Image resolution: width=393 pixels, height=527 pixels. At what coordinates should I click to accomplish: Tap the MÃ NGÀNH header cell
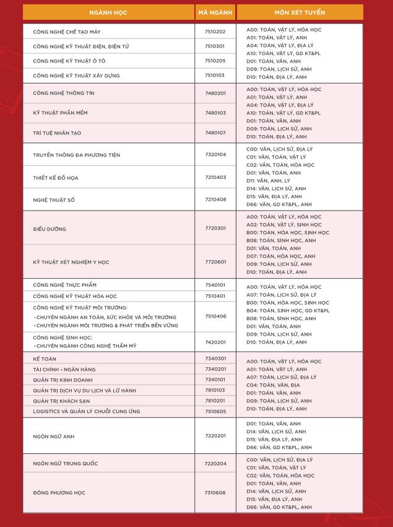(x=215, y=12)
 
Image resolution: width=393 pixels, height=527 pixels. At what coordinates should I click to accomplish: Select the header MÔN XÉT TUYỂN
(x=300, y=12)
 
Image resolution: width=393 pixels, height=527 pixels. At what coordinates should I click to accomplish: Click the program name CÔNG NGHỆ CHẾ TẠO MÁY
(x=67, y=32)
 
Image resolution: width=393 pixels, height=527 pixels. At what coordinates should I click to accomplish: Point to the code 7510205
(x=215, y=61)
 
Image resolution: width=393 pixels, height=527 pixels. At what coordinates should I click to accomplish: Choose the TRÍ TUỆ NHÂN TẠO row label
(x=57, y=133)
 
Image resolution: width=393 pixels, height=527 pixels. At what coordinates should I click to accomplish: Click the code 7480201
(x=215, y=94)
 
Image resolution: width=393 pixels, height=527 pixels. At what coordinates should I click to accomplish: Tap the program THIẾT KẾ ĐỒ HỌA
(x=56, y=178)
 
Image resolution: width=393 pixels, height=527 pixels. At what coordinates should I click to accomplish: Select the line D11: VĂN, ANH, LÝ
(x=268, y=181)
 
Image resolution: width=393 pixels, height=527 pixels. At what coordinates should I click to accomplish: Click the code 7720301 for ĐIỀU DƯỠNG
(x=215, y=229)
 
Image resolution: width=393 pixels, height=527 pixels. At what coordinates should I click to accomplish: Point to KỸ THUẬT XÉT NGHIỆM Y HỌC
(x=71, y=262)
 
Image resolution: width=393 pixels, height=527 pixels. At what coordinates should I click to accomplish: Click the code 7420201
(x=215, y=342)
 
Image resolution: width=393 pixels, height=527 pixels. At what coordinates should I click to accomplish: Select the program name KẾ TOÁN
(x=44, y=359)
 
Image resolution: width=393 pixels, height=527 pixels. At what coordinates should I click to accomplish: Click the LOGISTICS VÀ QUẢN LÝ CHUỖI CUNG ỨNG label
(x=87, y=411)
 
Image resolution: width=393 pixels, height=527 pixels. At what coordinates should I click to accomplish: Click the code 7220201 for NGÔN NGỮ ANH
(x=215, y=436)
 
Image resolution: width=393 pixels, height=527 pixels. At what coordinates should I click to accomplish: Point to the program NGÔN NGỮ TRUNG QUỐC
(x=66, y=464)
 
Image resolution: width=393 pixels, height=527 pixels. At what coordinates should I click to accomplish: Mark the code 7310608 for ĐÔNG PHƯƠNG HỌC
(x=215, y=493)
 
